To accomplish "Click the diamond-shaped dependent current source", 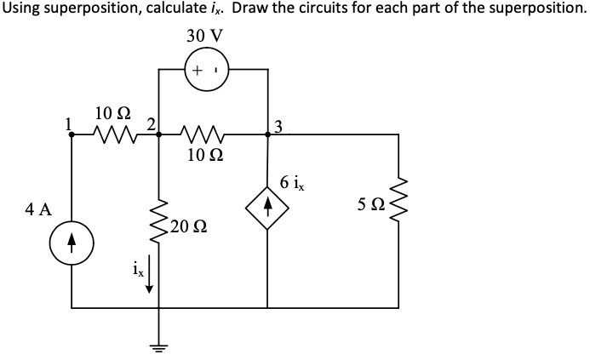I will coord(267,205).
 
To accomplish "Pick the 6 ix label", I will coord(296,181).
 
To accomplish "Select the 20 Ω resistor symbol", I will coord(158,225).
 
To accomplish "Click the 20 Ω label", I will coord(185,226).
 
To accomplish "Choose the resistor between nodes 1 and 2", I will coord(112,134).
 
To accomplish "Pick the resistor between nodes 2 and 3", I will coord(204,134).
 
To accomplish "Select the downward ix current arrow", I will coord(150,277).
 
